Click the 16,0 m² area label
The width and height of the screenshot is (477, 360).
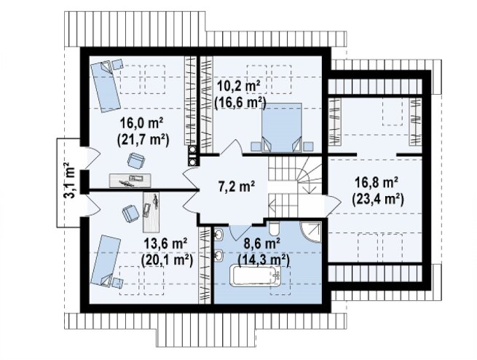pos(142,124)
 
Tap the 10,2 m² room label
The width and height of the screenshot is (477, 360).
pos(238,87)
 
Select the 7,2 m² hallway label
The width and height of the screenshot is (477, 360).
pos(237,186)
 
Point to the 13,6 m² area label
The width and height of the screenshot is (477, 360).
pos(165,243)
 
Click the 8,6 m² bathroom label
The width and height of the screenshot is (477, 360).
pos(262,243)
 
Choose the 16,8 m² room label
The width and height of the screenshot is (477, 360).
pos(377,183)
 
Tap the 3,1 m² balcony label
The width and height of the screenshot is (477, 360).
pos(70,181)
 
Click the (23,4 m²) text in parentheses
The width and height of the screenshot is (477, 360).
pos(378,199)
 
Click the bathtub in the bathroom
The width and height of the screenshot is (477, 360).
pos(256,275)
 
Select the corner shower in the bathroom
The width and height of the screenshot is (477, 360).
pos(311,232)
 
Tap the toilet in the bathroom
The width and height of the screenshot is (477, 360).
pos(274,229)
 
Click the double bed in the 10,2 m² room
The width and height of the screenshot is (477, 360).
pos(281,128)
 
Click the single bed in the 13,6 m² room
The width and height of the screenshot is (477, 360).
pos(106,261)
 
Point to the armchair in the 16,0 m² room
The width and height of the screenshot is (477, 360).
pos(136,160)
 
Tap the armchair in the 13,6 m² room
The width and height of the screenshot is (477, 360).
pos(131,214)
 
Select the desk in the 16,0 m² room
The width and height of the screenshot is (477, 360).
pos(130,181)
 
